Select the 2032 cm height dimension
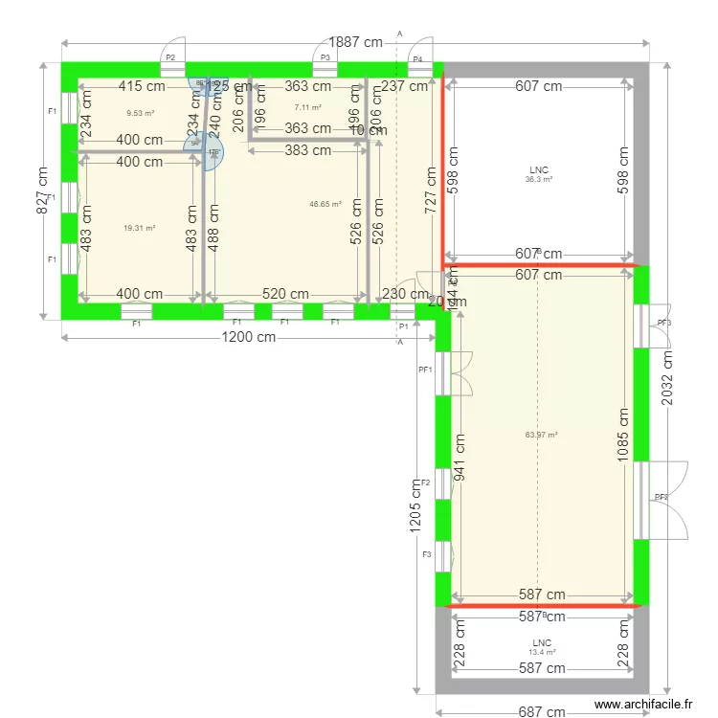[668, 375]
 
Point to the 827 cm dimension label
[43, 191]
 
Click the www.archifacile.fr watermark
[642, 704]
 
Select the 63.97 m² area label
[541, 435]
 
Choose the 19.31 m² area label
[139, 228]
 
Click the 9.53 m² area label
[140, 112]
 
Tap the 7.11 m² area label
[307, 107]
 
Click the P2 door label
[170, 58]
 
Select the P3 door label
[325, 58]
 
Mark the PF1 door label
[425, 370]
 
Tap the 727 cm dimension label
[432, 191]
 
